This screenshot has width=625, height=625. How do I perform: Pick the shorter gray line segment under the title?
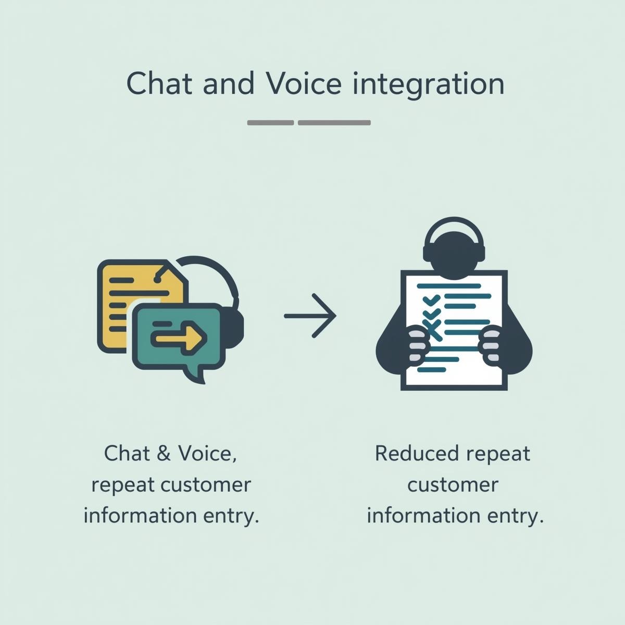(270, 123)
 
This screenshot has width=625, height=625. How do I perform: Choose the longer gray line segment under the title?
(334, 123)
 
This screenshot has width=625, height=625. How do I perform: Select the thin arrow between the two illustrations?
(310, 316)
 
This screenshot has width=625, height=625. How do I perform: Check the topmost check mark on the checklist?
(432, 300)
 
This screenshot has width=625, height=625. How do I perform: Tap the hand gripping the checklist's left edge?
(418, 343)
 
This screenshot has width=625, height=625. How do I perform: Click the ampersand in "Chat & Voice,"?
(163, 454)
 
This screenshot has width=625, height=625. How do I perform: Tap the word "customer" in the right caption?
(453, 485)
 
